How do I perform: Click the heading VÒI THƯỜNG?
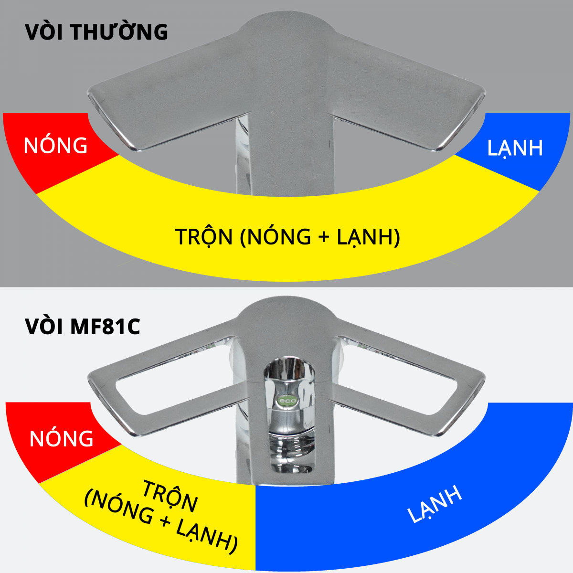coord(96,32)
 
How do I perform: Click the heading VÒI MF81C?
coord(83,327)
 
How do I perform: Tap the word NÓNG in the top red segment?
coord(56,145)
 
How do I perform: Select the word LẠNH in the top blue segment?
coord(515,148)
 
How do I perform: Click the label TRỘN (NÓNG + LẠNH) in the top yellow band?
coord(287,237)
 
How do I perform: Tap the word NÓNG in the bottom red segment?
coord(61,438)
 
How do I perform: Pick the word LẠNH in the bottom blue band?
coord(435,504)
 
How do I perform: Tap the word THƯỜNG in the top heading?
coord(119,32)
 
